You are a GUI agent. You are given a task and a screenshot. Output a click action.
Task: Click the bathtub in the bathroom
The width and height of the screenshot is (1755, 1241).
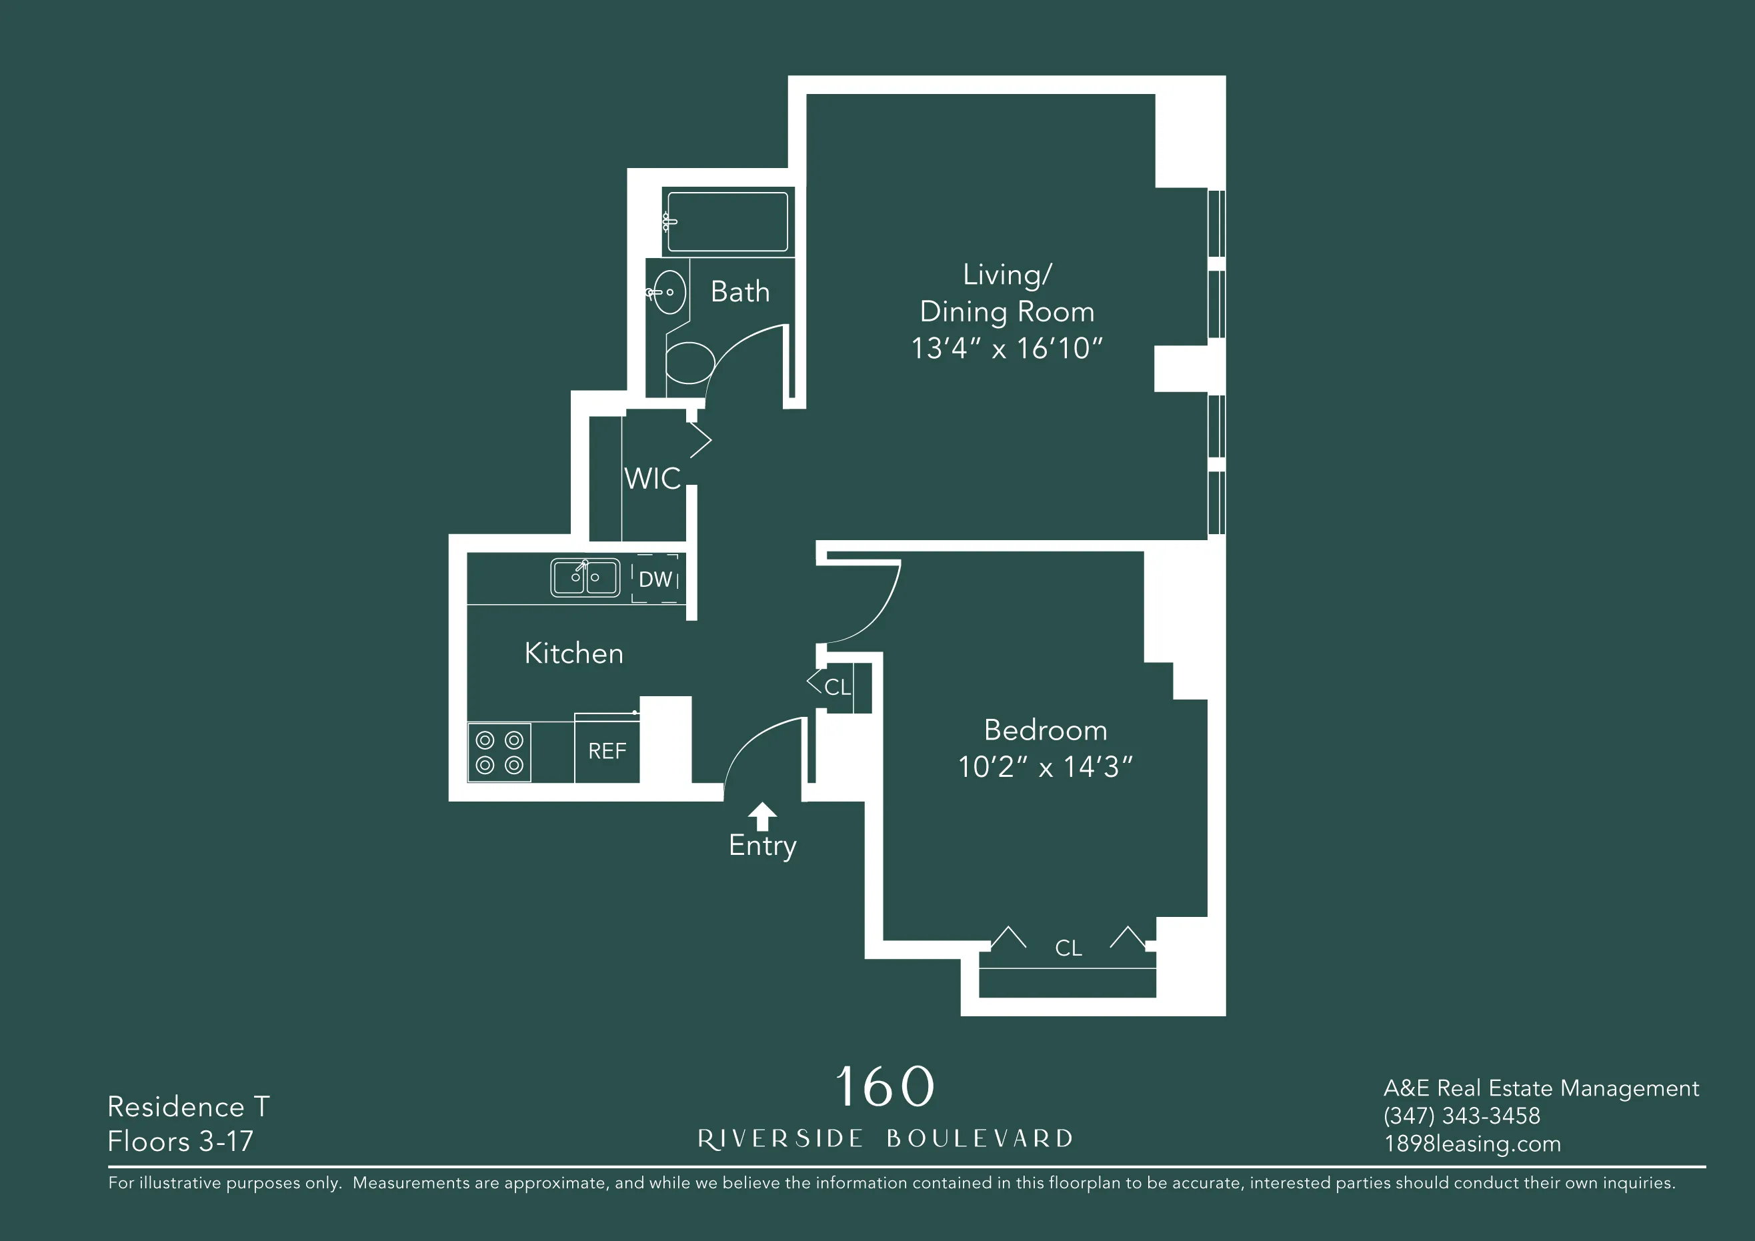tap(727, 222)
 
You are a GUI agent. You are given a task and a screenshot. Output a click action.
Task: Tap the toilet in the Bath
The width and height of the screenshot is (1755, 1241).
tap(689, 363)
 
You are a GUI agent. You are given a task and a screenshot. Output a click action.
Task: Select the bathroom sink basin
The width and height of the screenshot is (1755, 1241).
tap(670, 292)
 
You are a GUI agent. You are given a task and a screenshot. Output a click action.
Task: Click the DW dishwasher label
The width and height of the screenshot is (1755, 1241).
tap(655, 579)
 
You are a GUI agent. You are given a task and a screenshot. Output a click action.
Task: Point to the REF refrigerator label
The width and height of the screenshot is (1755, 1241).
tap(607, 751)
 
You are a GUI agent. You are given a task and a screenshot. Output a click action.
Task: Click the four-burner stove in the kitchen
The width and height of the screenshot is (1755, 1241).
tap(499, 752)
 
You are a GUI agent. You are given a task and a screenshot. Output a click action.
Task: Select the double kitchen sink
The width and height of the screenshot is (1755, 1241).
tap(585, 578)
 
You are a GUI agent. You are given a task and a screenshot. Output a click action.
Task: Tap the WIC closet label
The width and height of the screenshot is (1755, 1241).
tap(652, 479)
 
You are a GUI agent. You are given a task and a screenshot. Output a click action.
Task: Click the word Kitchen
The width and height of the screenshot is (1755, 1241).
tap(574, 654)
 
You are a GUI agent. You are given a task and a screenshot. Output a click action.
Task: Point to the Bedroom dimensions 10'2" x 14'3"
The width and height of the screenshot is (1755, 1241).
tap(1045, 767)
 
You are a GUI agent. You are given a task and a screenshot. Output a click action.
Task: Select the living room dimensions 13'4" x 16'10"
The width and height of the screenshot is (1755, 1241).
tap(1007, 349)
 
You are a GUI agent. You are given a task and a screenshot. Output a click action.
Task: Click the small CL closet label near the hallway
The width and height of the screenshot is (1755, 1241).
tap(837, 687)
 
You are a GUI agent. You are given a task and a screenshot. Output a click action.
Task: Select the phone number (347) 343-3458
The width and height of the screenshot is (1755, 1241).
tap(1462, 1116)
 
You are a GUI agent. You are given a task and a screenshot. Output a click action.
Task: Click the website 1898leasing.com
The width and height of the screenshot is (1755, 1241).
tap(1472, 1144)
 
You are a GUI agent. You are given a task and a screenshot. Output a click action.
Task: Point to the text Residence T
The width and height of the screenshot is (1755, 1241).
tap(188, 1106)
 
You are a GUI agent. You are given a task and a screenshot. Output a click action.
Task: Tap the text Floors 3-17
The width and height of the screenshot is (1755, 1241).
tap(181, 1142)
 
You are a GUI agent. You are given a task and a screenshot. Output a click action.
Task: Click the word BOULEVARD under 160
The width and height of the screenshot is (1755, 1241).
tap(980, 1138)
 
